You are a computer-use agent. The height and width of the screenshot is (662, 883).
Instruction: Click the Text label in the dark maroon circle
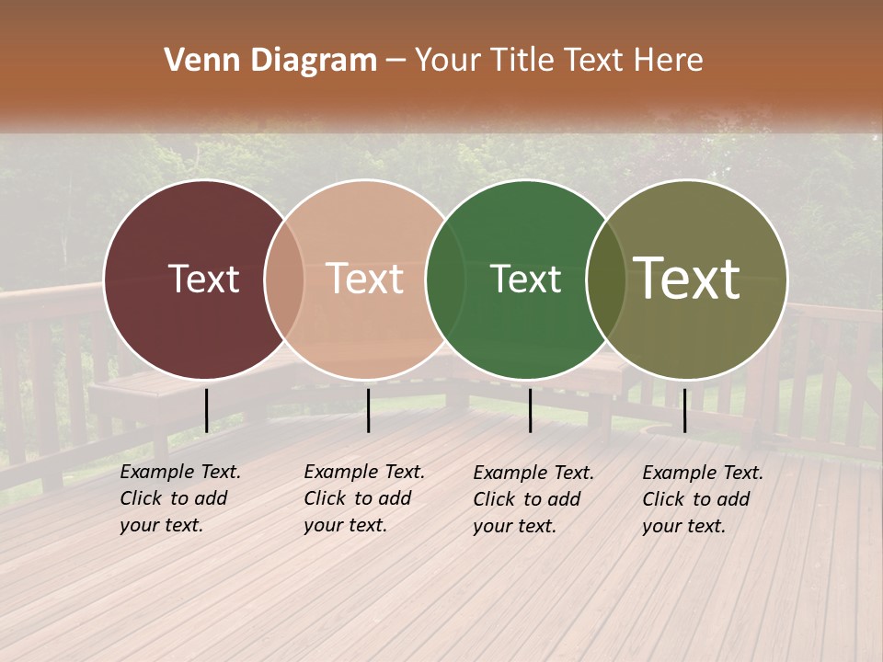pyautogui.click(x=203, y=279)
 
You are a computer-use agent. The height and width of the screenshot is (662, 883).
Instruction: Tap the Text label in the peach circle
pyautogui.click(x=365, y=279)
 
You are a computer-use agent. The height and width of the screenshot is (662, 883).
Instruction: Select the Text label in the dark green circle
pyautogui.click(x=525, y=279)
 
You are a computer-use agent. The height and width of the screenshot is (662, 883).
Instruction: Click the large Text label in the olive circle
pyautogui.click(x=687, y=279)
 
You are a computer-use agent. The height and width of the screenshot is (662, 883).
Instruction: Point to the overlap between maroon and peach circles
pyautogui.click(x=284, y=279)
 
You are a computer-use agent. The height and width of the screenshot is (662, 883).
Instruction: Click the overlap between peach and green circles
pyautogui.click(x=444, y=279)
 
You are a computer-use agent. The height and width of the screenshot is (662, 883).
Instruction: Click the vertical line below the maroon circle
pyautogui.click(x=206, y=410)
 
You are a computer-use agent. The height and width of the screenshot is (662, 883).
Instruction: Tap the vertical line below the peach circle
pyautogui.click(x=368, y=410)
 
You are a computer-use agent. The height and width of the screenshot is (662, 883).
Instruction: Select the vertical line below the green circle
pyautogui.click(x=530, y=410)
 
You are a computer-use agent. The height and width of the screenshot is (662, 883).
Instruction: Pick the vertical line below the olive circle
pyautogui.click(x=684, y=410)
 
